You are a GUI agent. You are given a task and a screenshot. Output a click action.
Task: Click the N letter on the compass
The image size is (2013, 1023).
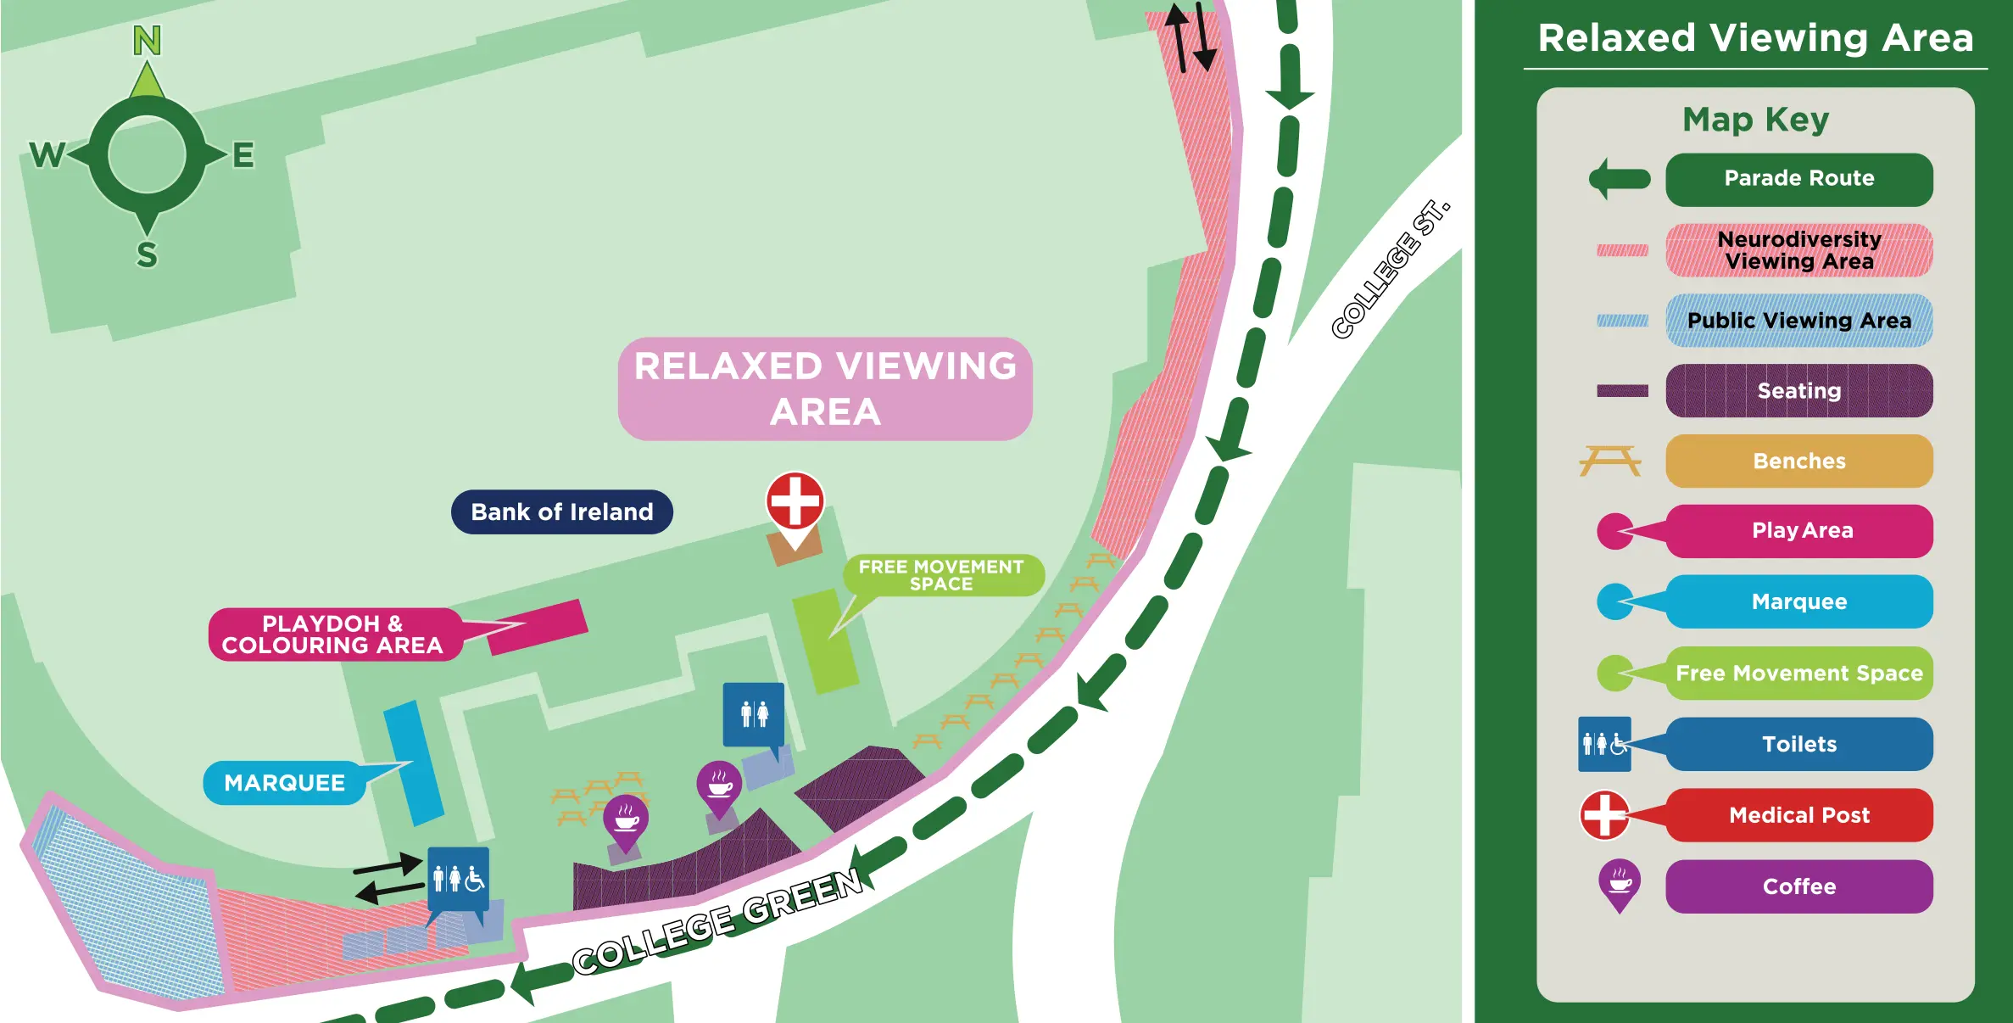[147, 40]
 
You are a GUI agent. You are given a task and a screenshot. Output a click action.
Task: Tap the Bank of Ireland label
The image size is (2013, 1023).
[561, 511]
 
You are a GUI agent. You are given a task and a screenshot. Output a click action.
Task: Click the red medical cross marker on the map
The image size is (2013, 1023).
[795, 500]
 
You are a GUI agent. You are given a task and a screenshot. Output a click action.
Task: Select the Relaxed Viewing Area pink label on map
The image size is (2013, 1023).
[824, 389]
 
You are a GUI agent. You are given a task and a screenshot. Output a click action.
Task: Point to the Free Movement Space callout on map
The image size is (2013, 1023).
[941, 575]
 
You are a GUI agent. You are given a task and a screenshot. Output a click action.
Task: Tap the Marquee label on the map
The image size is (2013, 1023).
[285, 782]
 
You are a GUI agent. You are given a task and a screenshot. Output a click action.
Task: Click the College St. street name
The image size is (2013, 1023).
[1390, 269]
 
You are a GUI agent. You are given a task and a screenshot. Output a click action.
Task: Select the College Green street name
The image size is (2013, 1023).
[717, 923]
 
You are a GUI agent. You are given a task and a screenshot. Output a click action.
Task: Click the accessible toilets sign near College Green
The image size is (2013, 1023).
[458, 878]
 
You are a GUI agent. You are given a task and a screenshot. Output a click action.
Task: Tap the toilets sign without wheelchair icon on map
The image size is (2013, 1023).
[753, 714]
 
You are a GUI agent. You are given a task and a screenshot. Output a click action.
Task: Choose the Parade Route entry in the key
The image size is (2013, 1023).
[1798, 179]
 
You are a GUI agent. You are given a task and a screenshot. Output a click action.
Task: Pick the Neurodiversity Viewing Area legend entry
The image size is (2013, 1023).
[1798, 250]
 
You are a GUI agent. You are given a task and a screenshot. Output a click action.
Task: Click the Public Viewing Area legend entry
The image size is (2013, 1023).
[1798, 321]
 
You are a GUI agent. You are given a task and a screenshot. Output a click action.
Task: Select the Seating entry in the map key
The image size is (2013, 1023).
[1798, 391]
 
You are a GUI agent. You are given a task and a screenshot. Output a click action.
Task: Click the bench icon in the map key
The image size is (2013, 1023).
[1609, 461]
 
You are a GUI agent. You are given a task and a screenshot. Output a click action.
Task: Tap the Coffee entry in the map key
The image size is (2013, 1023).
[1798, 886]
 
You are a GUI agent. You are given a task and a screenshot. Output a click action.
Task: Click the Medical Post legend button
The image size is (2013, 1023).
[1798, 815]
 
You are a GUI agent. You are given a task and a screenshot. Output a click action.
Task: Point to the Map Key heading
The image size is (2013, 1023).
[1755, 120]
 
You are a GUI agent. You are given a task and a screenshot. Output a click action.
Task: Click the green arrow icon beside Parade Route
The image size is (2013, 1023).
[1619, 179]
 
